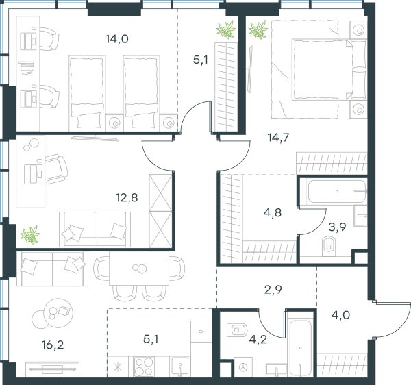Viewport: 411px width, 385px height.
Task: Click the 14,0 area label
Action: click(117, 39)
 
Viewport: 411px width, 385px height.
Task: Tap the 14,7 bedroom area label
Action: click(278, 137)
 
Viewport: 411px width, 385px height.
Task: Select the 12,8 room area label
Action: click(127, 197)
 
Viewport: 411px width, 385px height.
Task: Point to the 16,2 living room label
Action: click(53, 345)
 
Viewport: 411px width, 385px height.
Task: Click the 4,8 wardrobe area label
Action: click(273, 213)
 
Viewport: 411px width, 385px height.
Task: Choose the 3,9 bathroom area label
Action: click(337, 227)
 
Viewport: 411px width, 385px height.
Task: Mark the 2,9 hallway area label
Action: click(273, 290)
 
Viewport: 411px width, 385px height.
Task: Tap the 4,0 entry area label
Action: click(340, 315)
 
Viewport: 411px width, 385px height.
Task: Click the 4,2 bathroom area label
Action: click(258, 339)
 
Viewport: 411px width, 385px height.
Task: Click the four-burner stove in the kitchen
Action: click(143, 367)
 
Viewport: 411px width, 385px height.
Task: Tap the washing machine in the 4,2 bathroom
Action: click(243, 367)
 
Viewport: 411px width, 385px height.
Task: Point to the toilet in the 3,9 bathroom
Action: click(328, 247)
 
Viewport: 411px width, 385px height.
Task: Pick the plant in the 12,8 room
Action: click(30, 234)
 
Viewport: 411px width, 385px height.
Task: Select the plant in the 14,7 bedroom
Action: click(258, 29)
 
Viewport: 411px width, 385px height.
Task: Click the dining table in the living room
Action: click(139, 269)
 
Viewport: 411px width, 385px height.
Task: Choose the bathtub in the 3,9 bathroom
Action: click(337, 191)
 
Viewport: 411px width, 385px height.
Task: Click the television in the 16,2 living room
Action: click(53, 369)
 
